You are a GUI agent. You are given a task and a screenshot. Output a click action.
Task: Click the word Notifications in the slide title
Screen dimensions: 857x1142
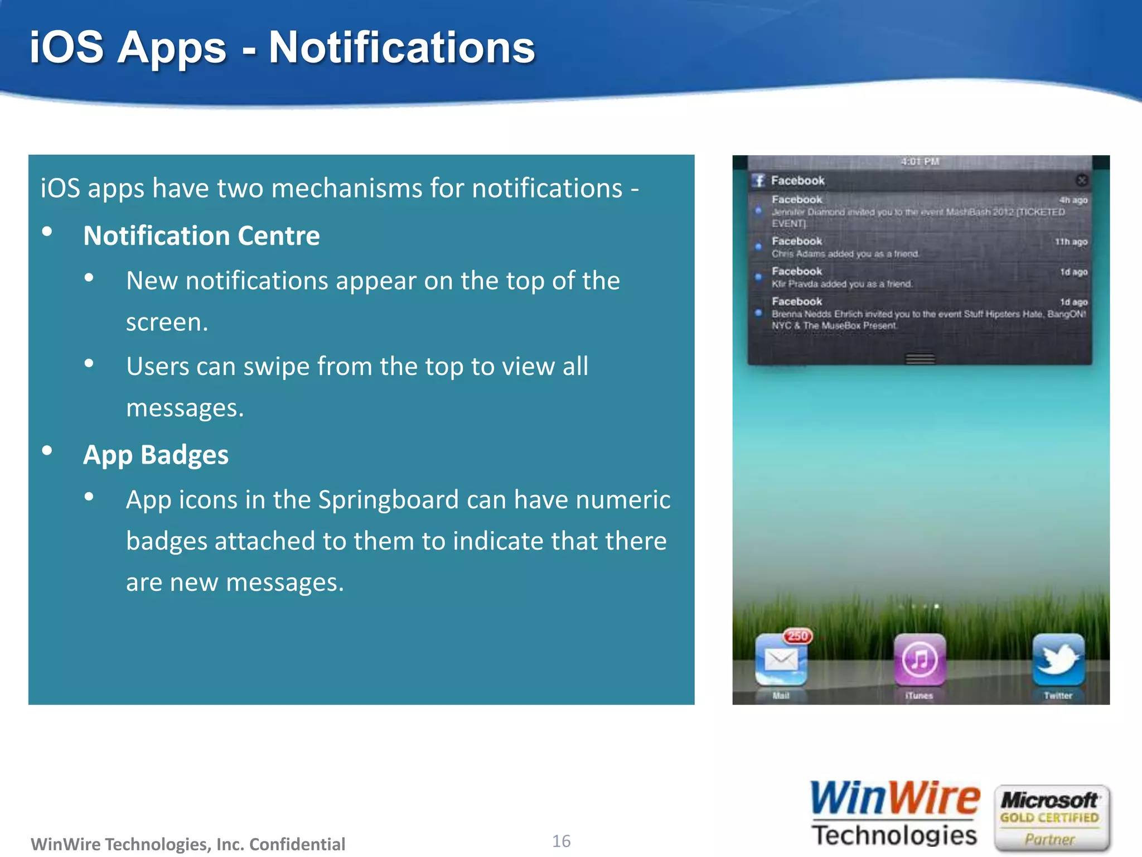click(x=401, y=48)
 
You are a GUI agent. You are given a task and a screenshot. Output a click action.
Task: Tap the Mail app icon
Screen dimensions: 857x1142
click(x=781, y=660)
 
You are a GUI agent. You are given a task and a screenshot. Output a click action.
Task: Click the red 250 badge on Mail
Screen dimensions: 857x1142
click(x=798, y=636)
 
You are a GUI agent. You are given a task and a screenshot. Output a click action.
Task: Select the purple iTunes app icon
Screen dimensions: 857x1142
click(x=920, y=659)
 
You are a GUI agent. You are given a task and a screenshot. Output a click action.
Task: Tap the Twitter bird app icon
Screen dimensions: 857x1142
click(x=1058, y=659)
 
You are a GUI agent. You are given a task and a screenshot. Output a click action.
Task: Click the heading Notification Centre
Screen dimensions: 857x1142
click(x=201, y=236)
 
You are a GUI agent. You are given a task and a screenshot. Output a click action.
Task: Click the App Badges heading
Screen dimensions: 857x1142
click(x=156, y=455)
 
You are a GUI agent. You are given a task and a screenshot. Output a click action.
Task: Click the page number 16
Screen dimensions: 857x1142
click(x=561, y=841)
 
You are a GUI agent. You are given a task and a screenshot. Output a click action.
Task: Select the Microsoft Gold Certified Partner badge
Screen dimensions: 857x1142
click(x=1051, y=818)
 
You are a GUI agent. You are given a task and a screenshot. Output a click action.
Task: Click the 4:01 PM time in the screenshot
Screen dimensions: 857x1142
click(x=920, y=162)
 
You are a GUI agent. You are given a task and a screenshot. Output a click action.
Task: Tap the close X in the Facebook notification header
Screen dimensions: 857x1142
click(x=1081, y=180)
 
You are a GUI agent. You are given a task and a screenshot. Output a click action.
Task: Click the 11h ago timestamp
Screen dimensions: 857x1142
click(x=1071, y=242)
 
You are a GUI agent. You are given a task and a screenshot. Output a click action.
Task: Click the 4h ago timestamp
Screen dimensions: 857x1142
click(x=1073, y=200)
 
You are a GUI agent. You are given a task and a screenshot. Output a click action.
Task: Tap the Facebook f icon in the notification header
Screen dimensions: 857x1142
click(x=758, y=180)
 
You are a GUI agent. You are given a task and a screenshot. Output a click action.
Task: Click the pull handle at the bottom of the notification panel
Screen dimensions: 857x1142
click(x=920, y=359)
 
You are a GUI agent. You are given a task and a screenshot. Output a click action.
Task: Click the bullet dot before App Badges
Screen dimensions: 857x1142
click(x=47, y=450)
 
